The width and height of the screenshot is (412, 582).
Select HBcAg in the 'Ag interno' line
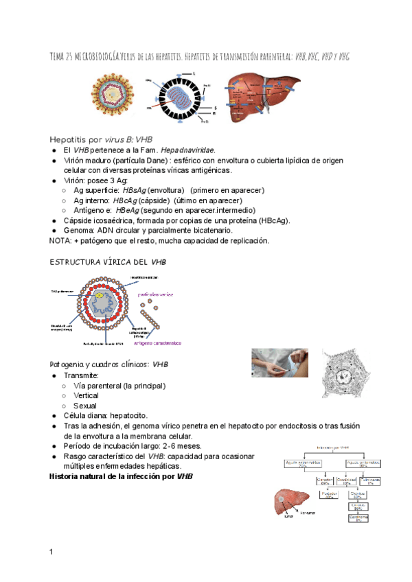pos(129,200)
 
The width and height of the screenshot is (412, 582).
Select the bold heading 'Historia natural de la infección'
pos(121,476)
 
